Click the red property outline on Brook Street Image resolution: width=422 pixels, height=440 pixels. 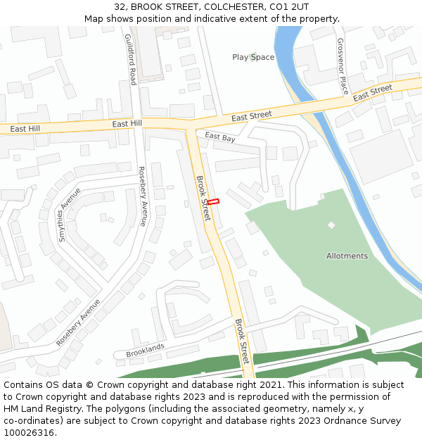pos(213,202)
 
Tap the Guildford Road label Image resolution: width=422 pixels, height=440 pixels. pos(129,60)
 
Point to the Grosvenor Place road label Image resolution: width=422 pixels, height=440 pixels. pos(343,66)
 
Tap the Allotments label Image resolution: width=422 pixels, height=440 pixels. pos(347,256)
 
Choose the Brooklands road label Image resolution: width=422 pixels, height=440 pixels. pos(145,349)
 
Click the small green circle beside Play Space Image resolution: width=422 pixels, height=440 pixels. pos(252,57)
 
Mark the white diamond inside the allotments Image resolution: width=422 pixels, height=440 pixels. pos(331,225)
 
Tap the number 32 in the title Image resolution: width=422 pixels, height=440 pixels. pos(120,7)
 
